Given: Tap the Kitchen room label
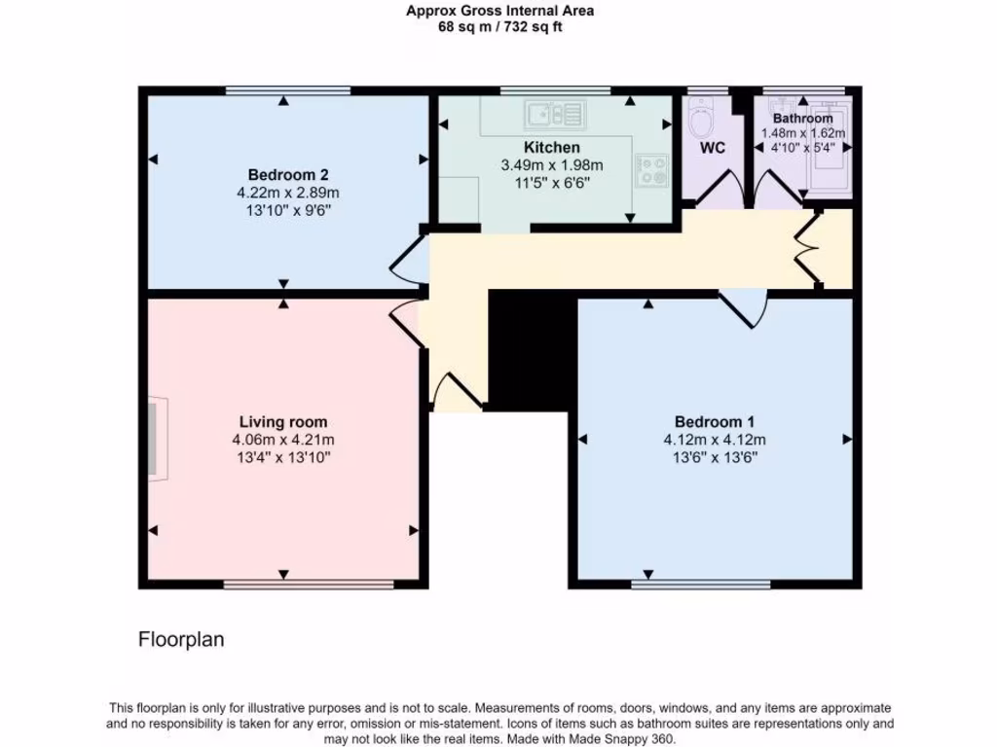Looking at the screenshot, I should click(552, 148).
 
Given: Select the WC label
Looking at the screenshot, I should click(714, 149).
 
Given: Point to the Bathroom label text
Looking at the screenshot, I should click(802, 119).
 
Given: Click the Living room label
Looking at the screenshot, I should click(283, 422).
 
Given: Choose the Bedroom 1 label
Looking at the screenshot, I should click(715, 422).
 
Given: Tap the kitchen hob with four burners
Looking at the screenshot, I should click(651, 172).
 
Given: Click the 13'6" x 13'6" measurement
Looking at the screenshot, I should click(715, 456).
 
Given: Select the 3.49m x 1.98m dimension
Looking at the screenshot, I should click(552, 165).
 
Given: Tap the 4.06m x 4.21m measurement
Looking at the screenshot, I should click(283, 440).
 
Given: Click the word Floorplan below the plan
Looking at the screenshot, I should click(181, 640).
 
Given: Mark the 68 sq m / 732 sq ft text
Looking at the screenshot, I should click(499, 27).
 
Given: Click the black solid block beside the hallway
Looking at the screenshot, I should click(526, 350).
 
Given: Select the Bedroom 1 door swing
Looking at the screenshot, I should click(751, 309).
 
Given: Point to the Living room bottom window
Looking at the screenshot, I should click(309, 585).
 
